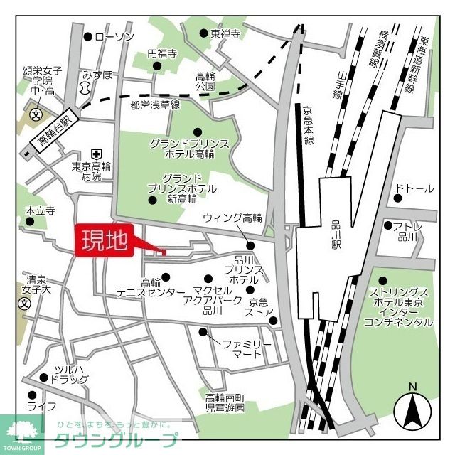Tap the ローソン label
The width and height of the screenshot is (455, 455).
pyautogui.click(x=114, y=37)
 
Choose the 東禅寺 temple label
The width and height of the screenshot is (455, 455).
pyautogui.click(x=225, y=33)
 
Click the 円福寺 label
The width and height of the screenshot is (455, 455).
pyautogui.click(x=161, y=53)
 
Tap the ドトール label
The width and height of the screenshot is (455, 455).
pyautogui.click(x=414, y=188)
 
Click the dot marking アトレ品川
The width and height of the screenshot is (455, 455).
pyautogui.click(x=388, y=225)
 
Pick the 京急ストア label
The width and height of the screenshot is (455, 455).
pyautogui.click(x=259, y=306)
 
